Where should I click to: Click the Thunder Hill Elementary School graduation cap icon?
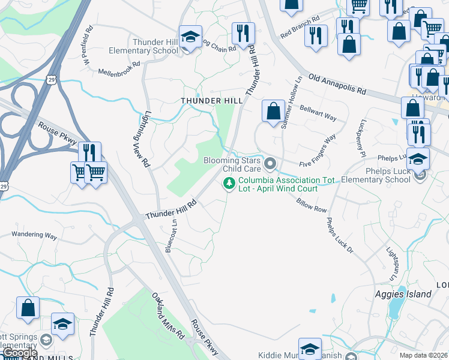[x=190, y=37]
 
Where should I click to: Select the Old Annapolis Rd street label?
[x=337, y=85]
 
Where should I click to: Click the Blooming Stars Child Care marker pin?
[x=270, y=163]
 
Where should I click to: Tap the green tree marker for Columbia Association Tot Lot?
[x=228, y=183]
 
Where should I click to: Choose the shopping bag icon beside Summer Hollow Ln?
[x=273, y=111]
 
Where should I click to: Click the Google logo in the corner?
[x=19, y=353]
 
